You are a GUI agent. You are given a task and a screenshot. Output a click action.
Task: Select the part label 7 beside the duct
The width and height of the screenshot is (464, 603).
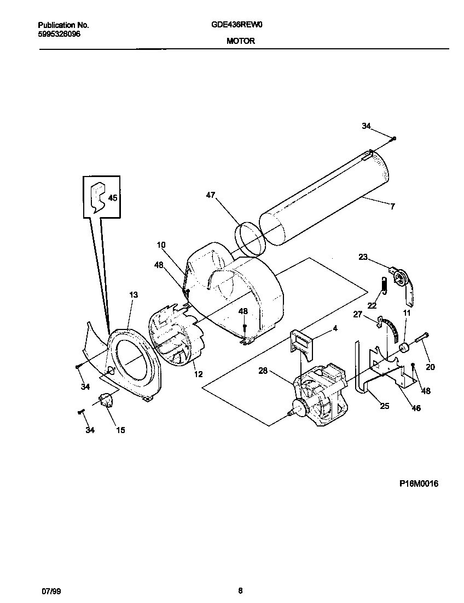(393, 207)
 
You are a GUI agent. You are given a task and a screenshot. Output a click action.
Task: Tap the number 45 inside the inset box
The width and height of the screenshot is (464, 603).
(112, 198)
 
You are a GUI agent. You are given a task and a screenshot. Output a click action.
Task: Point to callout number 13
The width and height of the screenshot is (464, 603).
(134, 295)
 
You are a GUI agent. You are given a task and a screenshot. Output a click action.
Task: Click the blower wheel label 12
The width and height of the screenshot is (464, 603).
(198, 374)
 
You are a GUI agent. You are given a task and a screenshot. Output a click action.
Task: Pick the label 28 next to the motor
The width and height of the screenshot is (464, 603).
(263, 371)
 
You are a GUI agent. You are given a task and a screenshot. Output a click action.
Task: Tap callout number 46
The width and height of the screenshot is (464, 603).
(416, 408)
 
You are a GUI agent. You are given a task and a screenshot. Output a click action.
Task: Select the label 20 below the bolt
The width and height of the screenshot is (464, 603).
(430, 367)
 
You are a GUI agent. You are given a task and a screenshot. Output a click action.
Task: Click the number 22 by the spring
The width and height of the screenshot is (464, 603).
(372, 305)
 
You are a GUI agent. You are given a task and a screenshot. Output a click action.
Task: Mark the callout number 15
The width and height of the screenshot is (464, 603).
(120, 430)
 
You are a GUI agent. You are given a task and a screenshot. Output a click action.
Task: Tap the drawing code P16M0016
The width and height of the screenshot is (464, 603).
(419, 484)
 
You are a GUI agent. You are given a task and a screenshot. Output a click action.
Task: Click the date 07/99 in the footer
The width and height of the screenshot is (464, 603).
(50, 591)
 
